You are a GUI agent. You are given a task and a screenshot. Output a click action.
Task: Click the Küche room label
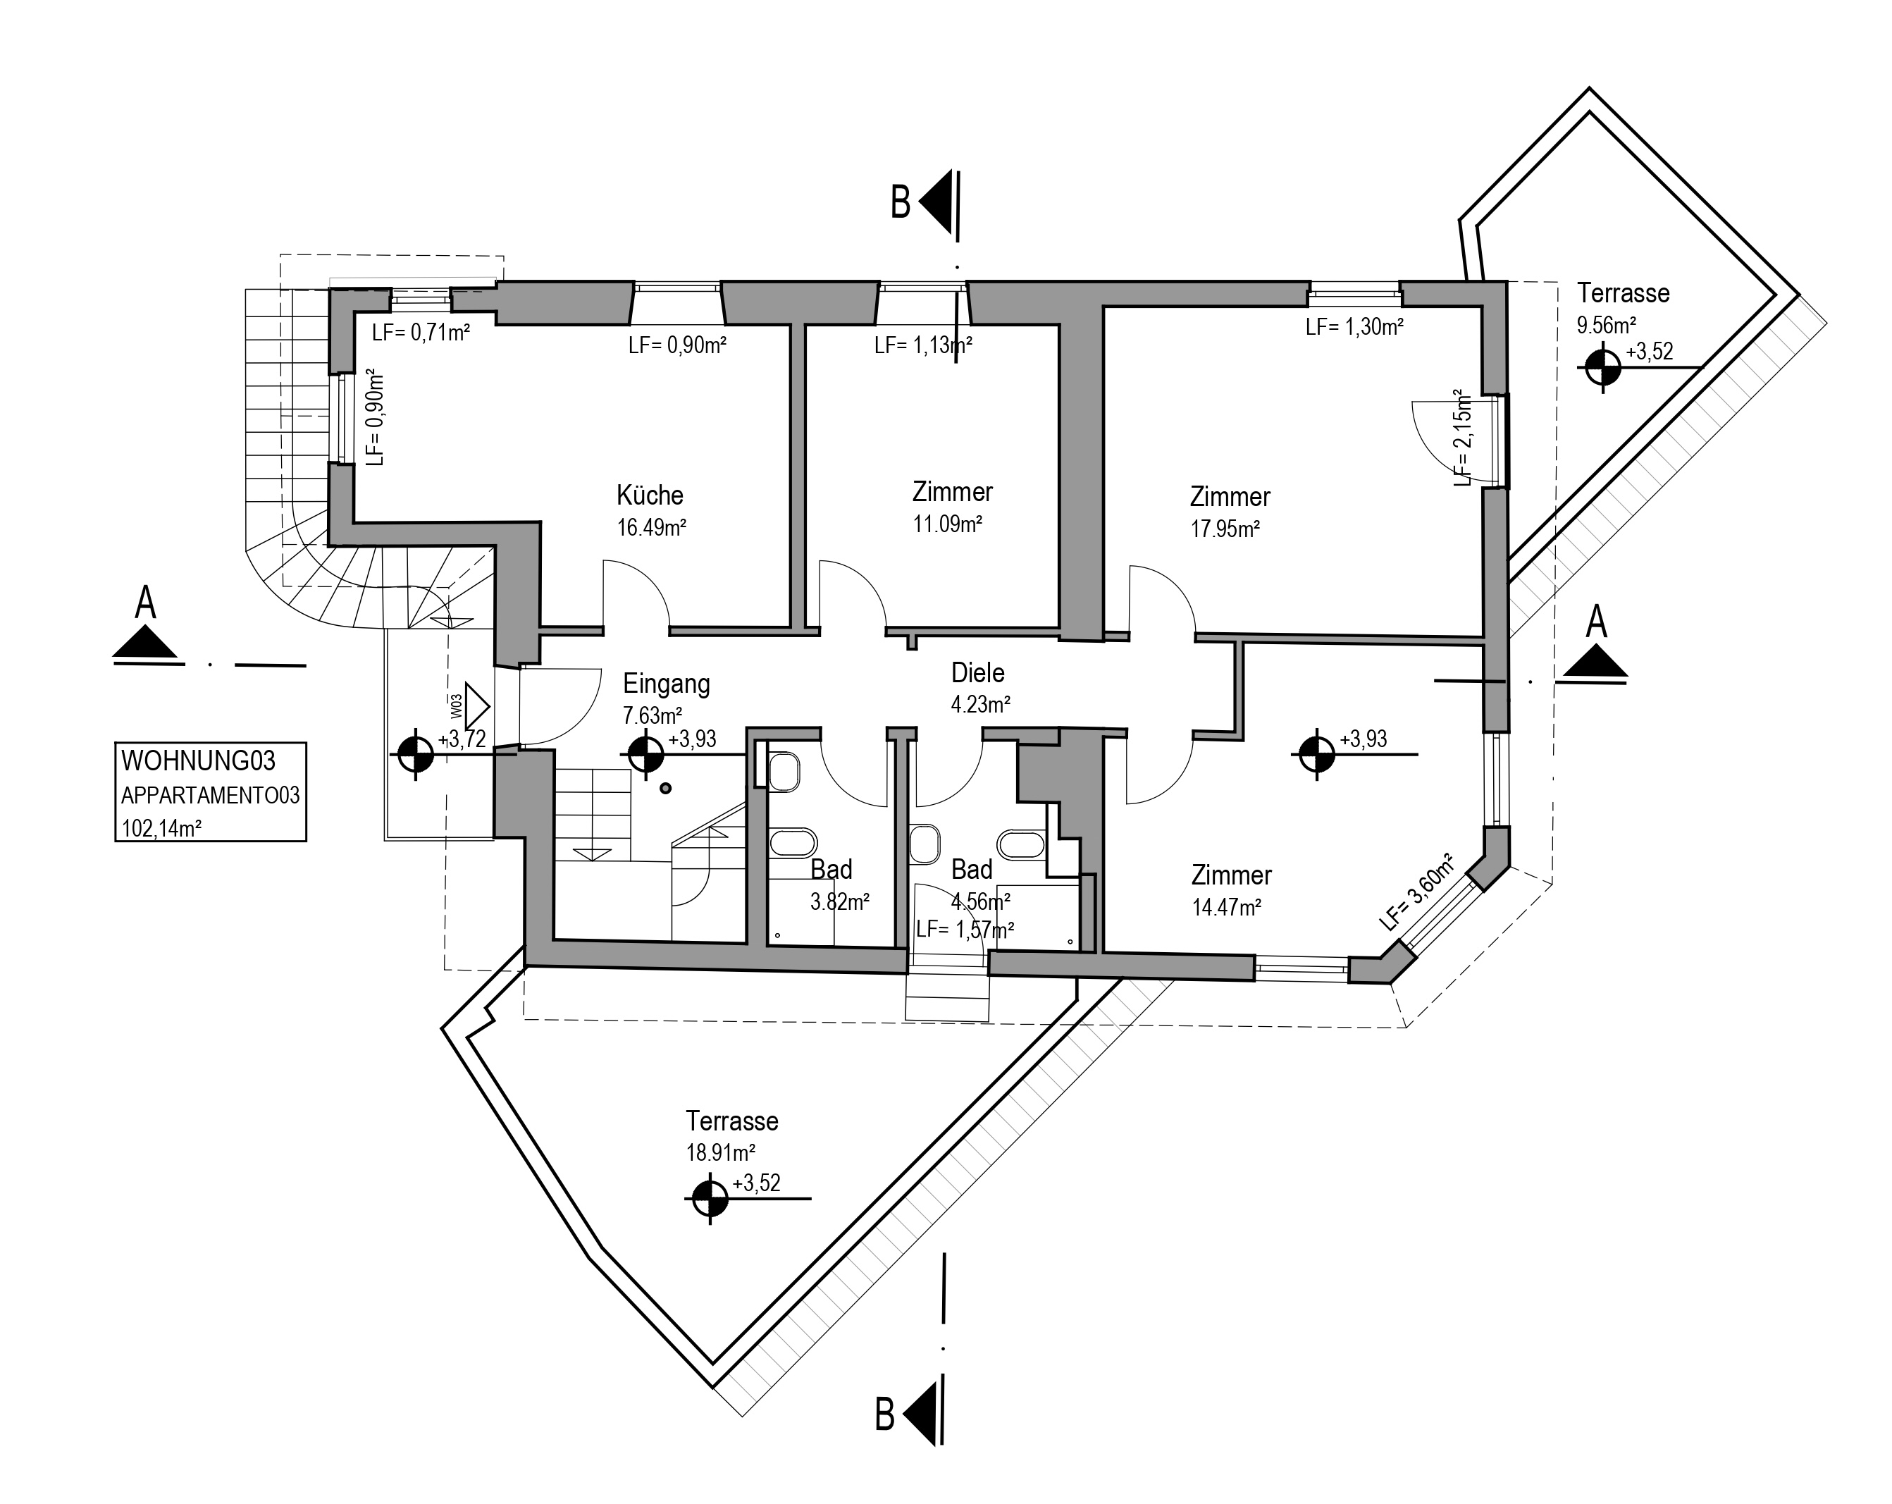point(650,495)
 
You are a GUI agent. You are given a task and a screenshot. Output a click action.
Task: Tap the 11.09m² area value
point(947,525)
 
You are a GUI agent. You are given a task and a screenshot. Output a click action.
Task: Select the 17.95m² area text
point(1225,529)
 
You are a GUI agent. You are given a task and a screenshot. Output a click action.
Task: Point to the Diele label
point(977,673)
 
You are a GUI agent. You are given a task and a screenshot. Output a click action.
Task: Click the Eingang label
point(666,684)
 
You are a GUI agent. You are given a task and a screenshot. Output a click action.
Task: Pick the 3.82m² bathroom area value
point(840,901)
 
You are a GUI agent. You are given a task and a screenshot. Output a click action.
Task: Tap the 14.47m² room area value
point(1226,907)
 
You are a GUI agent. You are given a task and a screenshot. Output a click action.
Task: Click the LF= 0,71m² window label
point(421,333)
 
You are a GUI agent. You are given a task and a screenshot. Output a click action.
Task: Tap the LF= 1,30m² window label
point(1354,327)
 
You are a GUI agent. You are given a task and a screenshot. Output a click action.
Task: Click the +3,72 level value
point(462,741)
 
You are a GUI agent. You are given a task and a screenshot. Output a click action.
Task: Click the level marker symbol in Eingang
point(646,753)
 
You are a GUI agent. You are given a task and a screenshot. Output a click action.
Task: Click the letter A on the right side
point(1596,622)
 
